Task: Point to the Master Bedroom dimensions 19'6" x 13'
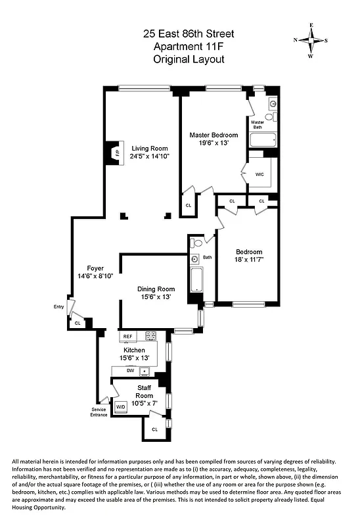(214, 143)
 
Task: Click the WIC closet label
(259, 174)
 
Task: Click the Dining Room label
(156, 289)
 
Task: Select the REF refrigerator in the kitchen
(127, 336)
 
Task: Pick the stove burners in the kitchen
(150, 335)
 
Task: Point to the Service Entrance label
(99, 412)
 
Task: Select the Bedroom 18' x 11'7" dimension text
(249, 260)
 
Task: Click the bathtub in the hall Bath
(195, 279)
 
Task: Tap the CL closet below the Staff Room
(155, 429)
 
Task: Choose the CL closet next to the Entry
(78, 323)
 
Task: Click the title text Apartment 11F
(189, 46)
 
